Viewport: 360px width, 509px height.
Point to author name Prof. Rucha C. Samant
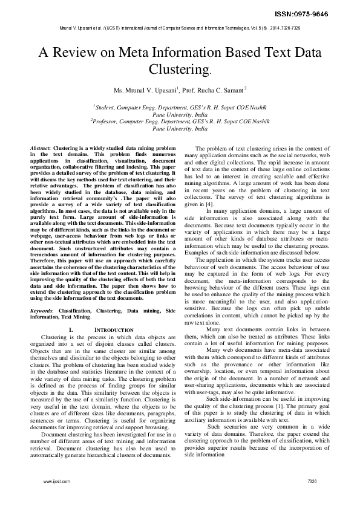point(204,90)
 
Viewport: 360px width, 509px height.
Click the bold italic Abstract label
point(41,148)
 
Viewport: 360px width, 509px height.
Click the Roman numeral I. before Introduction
point(71,329)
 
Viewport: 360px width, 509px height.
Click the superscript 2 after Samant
point(229,88)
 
